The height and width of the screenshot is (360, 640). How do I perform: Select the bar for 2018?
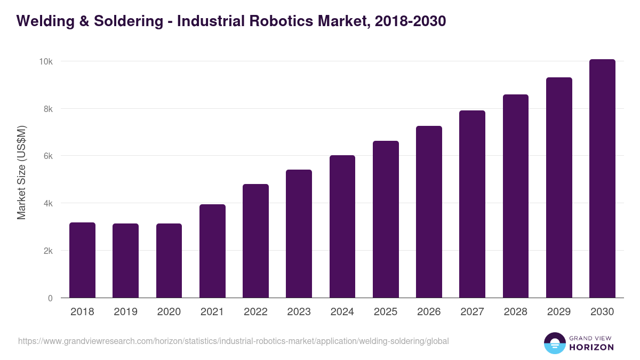coord(82,260)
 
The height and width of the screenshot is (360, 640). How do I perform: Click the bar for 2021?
coord(212,251)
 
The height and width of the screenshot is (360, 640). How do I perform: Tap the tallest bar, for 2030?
coord(602,179)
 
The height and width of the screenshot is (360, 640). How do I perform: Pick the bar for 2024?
coord(342,227)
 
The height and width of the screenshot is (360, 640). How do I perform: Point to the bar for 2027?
coord(472,204)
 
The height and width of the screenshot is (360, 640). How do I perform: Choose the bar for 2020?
coord(169,261)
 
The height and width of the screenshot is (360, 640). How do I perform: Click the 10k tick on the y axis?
coord(45,62)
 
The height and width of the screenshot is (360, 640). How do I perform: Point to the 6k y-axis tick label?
coord(47,156)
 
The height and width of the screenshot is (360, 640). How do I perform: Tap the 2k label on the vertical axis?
coord(47,251)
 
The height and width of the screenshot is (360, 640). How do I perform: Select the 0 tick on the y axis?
coord(50,298)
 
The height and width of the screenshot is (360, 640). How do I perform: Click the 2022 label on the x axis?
coord(255,312)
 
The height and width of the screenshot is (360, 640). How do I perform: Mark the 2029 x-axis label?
coord(559,312)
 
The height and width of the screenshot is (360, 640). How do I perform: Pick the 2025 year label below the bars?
coord(386,312)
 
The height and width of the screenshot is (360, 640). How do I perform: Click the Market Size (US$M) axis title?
coord(21,172)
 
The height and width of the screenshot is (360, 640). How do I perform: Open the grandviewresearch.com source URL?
coord(234,341)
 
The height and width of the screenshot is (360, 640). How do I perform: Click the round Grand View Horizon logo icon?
coord(554,343)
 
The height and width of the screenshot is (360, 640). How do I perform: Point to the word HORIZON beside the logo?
coord(591,347)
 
